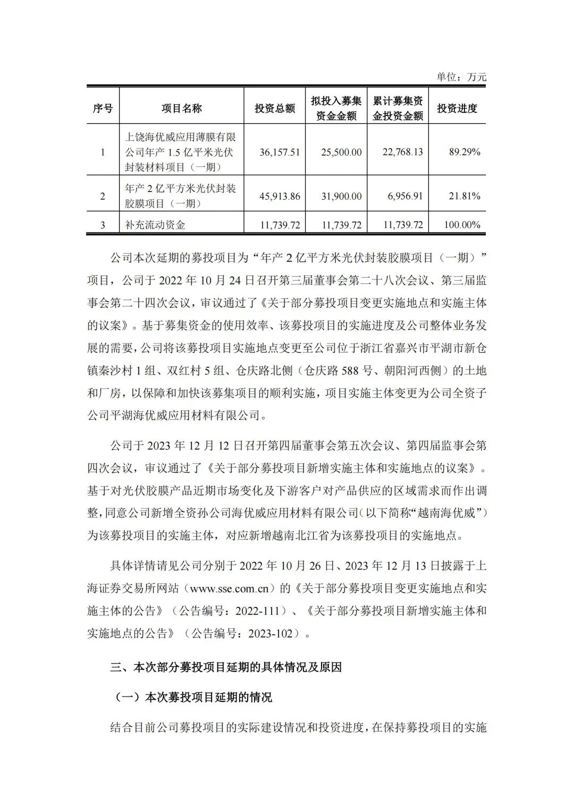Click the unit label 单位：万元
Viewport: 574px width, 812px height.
point(461,77)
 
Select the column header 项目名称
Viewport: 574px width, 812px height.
point(182,108)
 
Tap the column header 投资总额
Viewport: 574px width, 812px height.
point(275,108)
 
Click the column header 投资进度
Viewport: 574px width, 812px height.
point(457,108)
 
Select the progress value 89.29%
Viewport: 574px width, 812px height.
point(465,152)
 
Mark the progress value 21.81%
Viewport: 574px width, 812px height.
point(465,196)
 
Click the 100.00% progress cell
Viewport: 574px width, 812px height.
point(462,225)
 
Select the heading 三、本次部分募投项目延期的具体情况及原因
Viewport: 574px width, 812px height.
point(226,667)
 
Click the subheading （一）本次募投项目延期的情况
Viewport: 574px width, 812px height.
point(193,697)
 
